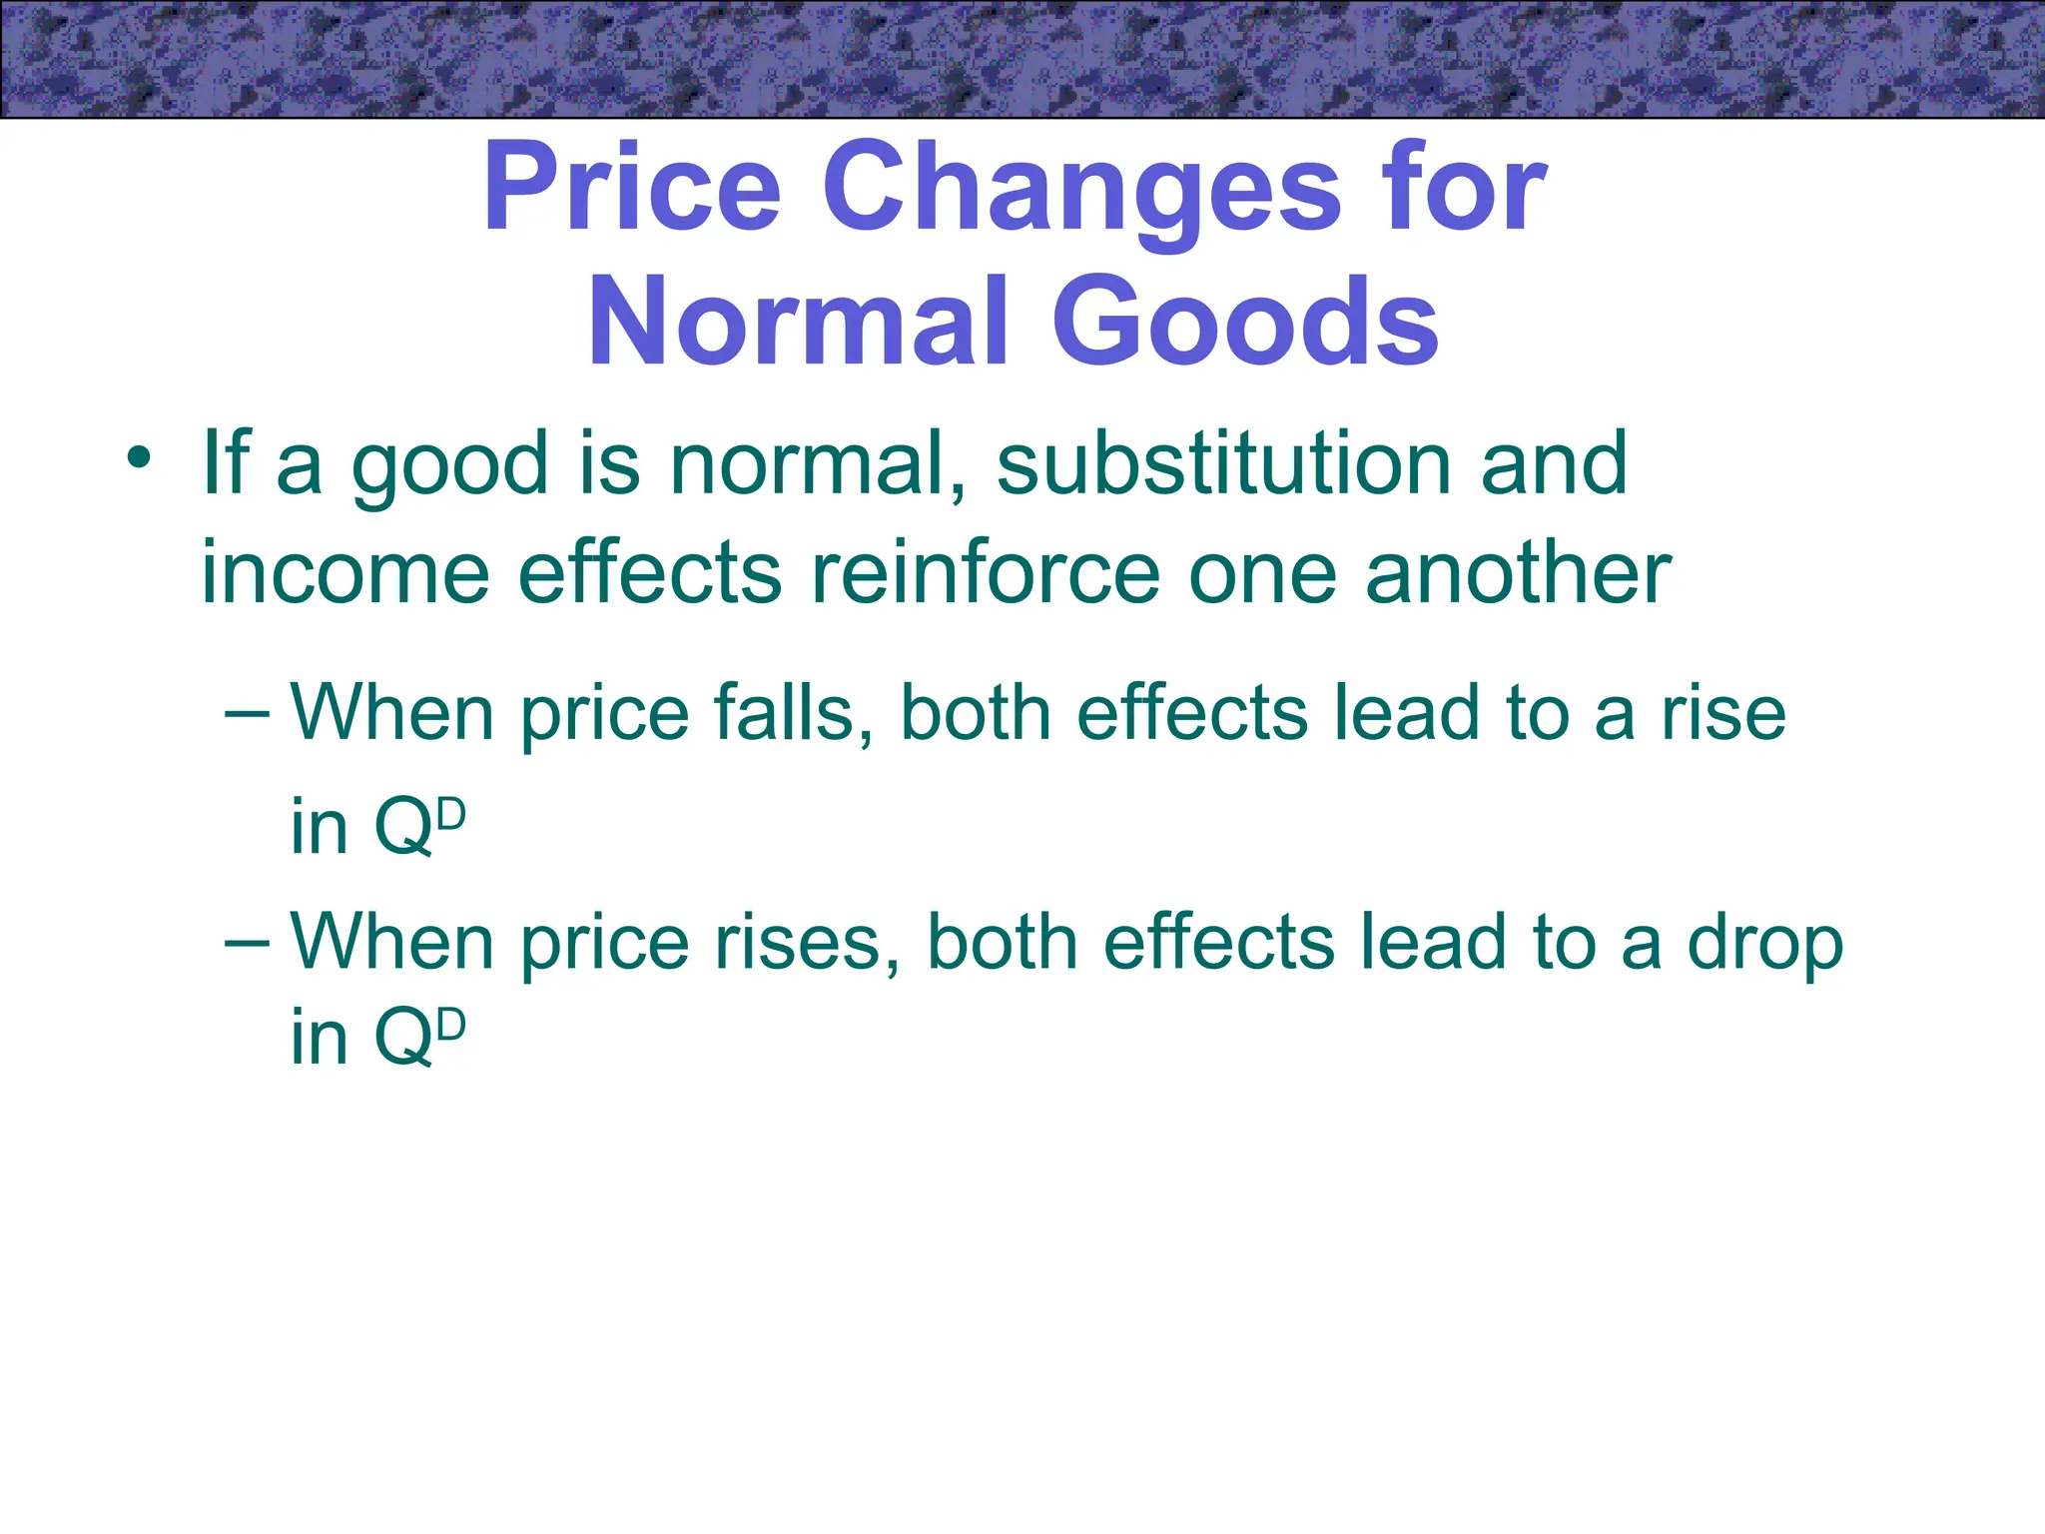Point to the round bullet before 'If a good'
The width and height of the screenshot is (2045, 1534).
pos(139,460)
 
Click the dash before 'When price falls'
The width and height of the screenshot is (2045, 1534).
pos(247,714)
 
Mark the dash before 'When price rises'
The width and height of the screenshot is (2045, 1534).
pos(247,942)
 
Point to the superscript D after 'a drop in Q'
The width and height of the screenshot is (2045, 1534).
pos(451,1026)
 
